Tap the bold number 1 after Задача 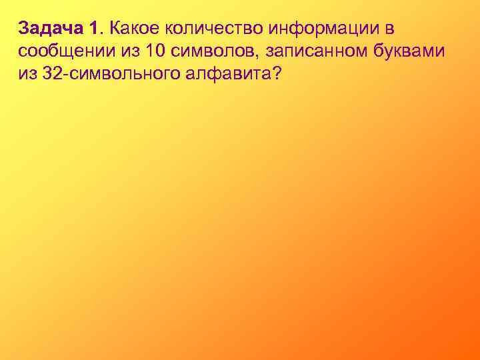click(x=93, y=29)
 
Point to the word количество click(x=207, y=29)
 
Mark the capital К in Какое click(x=115, y=29)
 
